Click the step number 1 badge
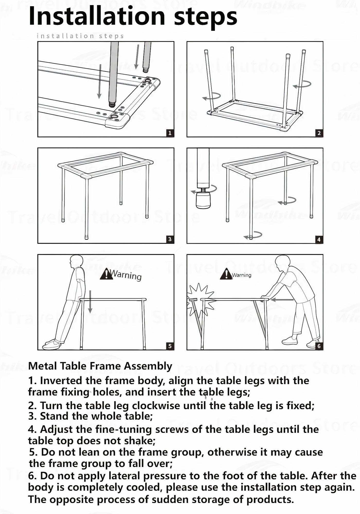click(170, 133)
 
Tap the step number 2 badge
click(319, 133)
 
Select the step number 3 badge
click(170, 239)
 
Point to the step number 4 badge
click(319, 240)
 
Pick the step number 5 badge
click(170, 346)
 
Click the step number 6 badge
click(319, 346)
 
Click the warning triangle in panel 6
click(226, 274)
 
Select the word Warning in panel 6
click(241, 275)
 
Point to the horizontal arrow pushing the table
click(282, 300)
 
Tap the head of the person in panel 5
click(76, 262)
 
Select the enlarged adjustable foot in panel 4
click(203, 200)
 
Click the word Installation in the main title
click(97, 16)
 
